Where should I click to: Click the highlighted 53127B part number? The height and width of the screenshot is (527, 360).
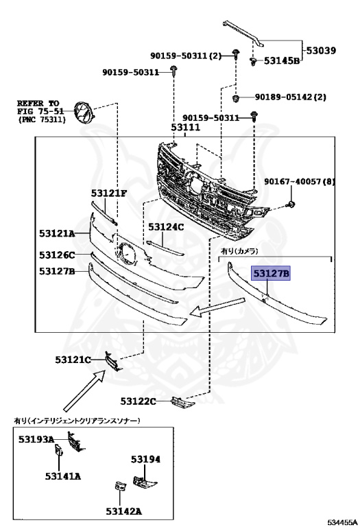coord(271,274)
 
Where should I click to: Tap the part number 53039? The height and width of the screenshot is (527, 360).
coord(321,50)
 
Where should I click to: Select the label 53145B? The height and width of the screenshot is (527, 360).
coord(281,61)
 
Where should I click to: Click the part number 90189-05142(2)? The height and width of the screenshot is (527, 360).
coord(291,97)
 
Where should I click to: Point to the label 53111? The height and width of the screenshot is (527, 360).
coord(185,128)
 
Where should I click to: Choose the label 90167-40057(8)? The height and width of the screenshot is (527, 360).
coord(300,182)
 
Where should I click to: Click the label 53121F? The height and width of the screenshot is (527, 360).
coord(109,194)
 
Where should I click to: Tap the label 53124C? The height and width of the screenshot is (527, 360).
coord(166,227)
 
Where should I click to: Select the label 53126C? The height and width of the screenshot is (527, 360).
coord(57,255)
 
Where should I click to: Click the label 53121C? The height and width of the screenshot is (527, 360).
coord(73,360)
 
